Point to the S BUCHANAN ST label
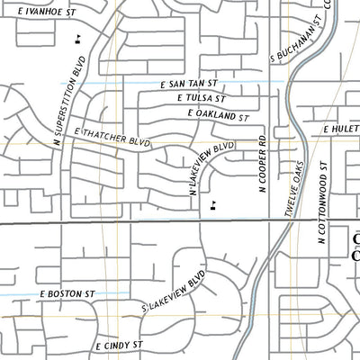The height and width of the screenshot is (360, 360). point(297,41)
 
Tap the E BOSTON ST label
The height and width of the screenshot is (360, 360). point(67,293)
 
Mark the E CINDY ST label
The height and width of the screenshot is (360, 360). point(120,345)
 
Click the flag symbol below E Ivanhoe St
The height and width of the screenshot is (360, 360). point(80,38)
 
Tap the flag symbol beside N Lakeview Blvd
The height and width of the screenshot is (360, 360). point(212,205)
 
